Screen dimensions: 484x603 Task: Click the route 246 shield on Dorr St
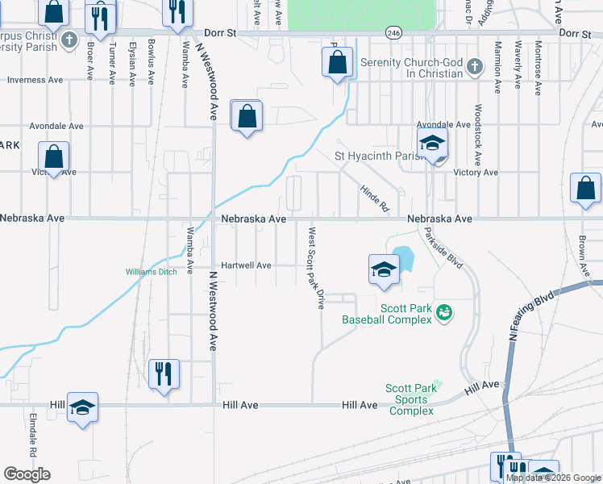tap(393, 33)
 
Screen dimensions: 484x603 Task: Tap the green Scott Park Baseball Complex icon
tap(443, 312)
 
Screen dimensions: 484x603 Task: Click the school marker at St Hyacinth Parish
tap(433, 145)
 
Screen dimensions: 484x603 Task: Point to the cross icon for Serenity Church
tap(475, 66)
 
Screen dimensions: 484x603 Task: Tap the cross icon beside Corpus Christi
tap(70, 40)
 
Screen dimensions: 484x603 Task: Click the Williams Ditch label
tap(151, 272)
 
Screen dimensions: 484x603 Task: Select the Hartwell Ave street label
tap(247, 265)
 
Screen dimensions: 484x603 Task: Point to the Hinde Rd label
tap(375, 197)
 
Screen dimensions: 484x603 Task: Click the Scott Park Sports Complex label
tap(411, 399)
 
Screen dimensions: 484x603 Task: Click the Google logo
tap(27, 474)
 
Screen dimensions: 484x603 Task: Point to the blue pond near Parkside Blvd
tap(403, 257)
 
